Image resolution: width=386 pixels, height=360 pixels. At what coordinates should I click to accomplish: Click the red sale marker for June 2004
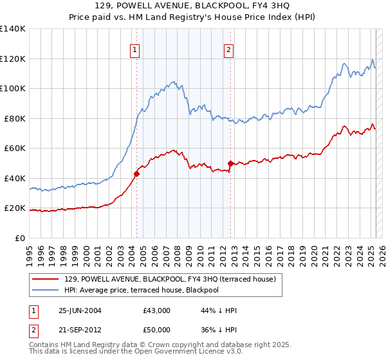point(136,174)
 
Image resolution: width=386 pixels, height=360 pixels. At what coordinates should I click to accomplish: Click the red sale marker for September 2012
point(230,163)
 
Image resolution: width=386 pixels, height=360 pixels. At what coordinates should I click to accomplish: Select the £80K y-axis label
point(15,118)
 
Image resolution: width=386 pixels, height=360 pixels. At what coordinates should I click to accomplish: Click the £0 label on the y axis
point(21,238)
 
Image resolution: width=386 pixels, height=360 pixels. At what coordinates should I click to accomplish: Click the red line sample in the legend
point(46,278)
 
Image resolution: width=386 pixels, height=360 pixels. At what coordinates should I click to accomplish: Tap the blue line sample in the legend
point(46,290)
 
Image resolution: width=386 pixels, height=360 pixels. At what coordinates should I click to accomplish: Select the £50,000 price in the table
point(157,330)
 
